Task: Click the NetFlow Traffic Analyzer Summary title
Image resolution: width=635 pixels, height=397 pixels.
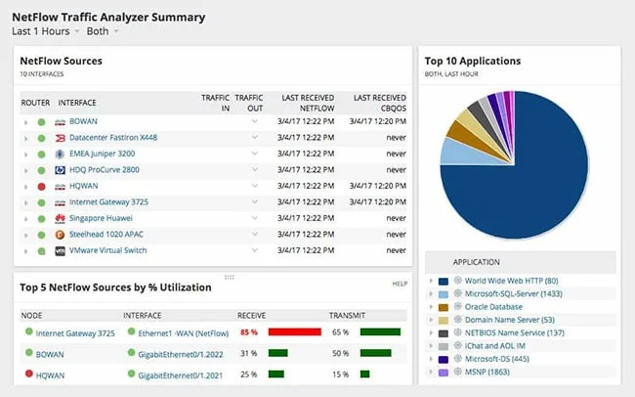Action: [108, 17]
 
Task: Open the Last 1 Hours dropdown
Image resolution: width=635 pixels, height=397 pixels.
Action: [45, 31]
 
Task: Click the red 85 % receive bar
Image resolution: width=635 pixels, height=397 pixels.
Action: [294, 332]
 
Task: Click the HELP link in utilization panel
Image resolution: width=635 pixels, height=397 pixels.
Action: [400, 284]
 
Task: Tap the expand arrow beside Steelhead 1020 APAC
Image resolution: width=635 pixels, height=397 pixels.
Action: [26, 234]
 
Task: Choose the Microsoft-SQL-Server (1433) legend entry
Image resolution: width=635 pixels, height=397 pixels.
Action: [513, 293]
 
